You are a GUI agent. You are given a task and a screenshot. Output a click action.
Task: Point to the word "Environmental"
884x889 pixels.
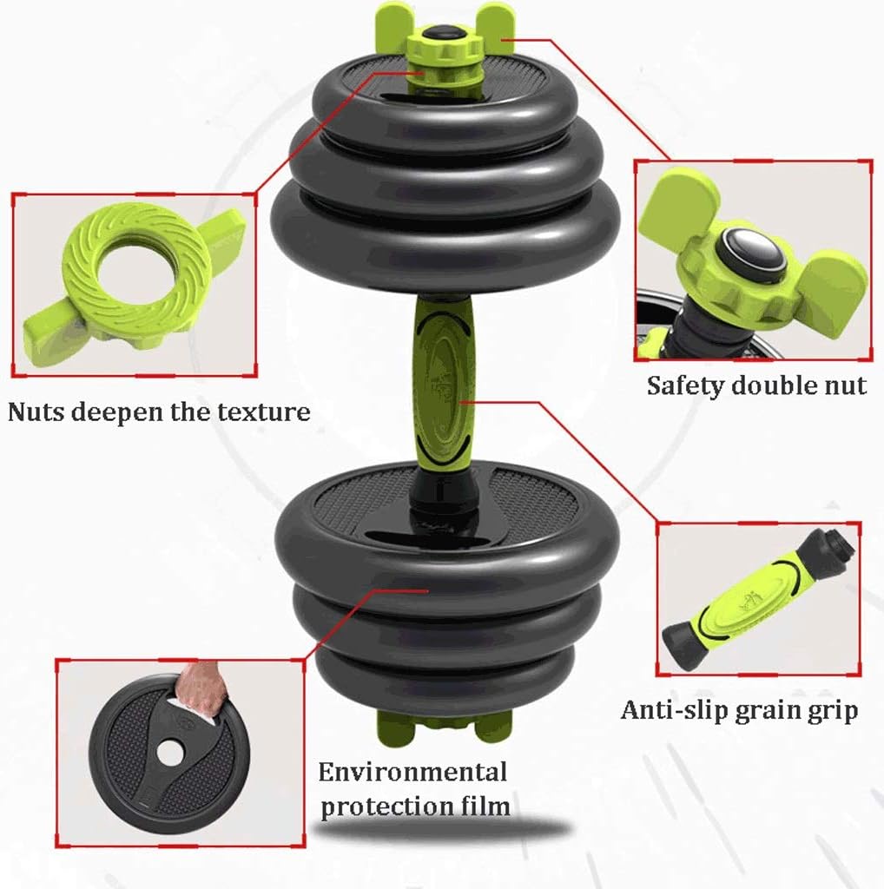pos(412,771)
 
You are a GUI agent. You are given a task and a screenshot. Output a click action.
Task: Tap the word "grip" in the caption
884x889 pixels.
pos(831,712)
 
